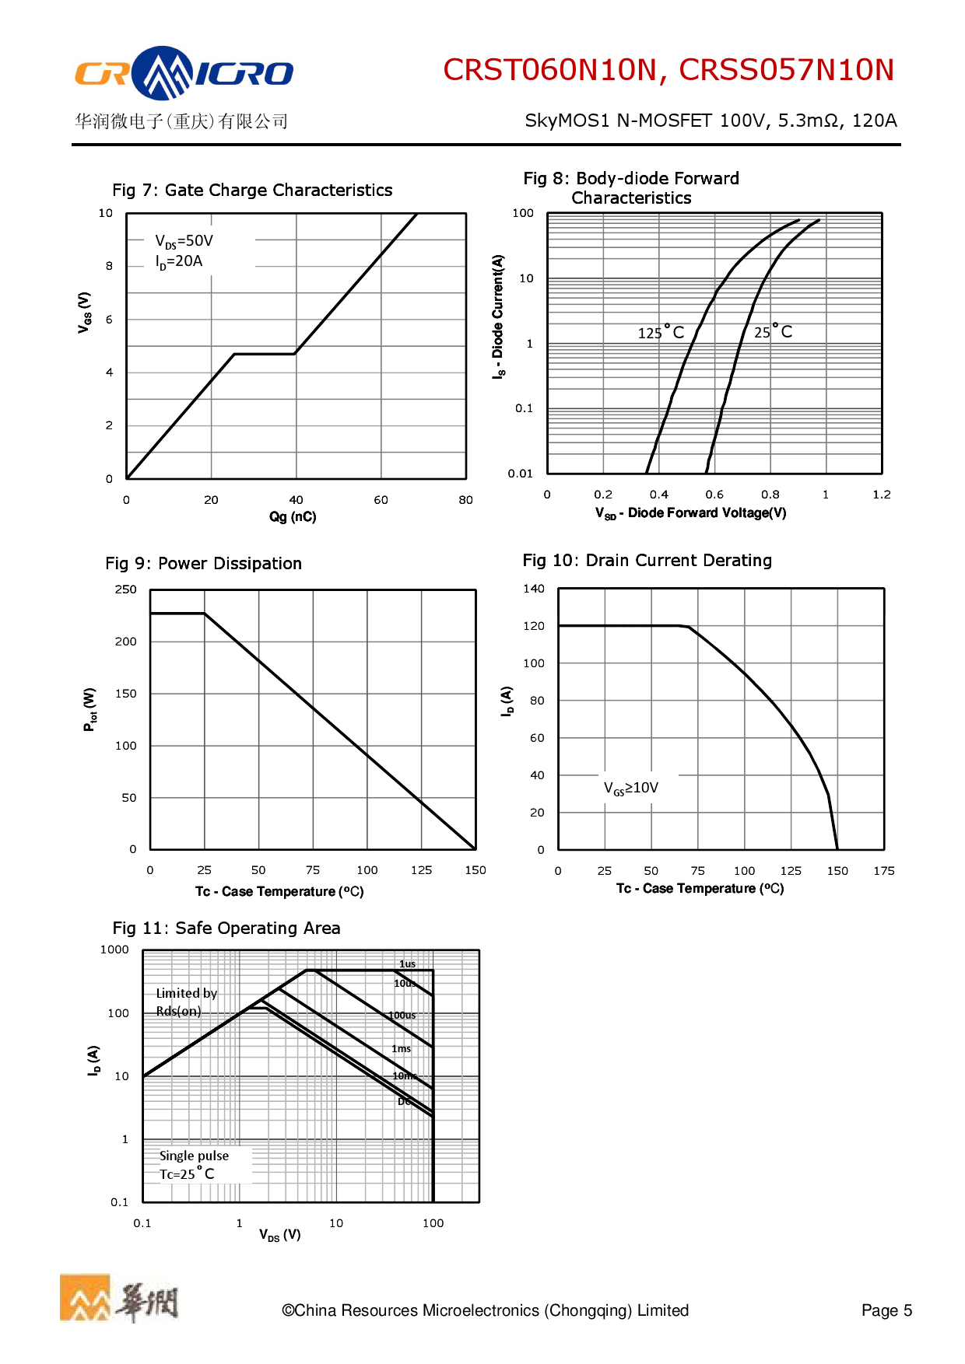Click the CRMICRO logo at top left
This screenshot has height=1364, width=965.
tap(184, 73)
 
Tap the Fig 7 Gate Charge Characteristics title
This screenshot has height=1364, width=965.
tap(252, 191)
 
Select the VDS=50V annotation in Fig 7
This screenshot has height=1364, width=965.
tap(184, 241)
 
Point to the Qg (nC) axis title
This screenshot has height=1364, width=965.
tap(293, 517)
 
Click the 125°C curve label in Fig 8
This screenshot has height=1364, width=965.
tap(661, 333)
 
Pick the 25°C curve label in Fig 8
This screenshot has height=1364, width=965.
tap(773, 332)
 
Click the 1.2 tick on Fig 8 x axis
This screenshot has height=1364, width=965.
tap(881, 495)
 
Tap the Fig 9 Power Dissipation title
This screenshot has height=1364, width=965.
tap(203, 564)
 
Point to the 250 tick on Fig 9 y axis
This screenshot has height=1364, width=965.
tap(125, 589)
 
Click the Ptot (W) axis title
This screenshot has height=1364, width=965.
tap(90, 709)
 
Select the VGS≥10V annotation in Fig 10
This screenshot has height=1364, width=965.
tap(631, 788)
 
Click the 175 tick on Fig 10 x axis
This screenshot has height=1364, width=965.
tap(883, 871)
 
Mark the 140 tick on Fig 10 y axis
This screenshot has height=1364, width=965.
tap(534, 589)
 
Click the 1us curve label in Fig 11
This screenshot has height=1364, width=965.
tap(407, 964)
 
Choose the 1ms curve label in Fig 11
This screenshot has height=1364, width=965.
tap(401, 1049)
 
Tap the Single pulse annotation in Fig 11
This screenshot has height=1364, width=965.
tap(194, 1156)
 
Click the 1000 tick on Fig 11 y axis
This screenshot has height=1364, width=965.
tap(114, 950)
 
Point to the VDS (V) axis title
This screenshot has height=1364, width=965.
tap(280, 1235)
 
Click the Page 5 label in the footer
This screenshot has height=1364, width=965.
tap(886, 1311)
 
